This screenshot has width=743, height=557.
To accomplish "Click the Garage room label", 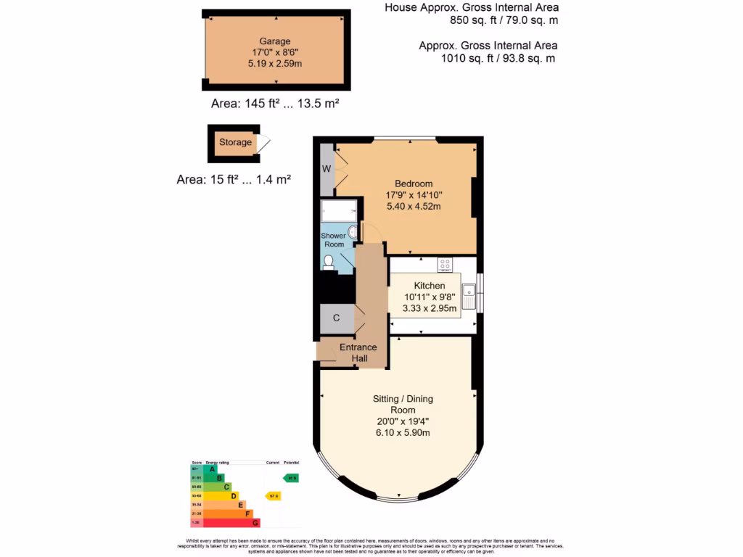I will [275, 41].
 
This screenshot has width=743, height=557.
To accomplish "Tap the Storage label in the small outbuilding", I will [235, 142].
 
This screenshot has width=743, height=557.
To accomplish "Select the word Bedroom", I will [414, 183].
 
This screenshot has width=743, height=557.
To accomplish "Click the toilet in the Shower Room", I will [329, 262].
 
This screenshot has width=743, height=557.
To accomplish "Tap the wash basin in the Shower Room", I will [352, 232].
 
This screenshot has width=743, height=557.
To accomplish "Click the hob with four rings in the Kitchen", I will [445, 264].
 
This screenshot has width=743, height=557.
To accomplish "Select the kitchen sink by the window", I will [469, 295].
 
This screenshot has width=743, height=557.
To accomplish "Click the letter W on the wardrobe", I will [327, 169].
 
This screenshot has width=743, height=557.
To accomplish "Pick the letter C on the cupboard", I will [336, 318].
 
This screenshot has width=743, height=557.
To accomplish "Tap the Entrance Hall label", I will [358, 352].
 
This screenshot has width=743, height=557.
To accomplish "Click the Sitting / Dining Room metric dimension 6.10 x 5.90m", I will [402, 433].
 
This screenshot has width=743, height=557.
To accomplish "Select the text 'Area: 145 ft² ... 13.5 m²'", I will [275, 104].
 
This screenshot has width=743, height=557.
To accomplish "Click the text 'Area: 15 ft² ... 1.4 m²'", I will [234, 180].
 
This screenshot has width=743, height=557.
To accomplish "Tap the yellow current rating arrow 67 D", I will [274, 496].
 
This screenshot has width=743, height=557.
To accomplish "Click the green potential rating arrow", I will [291, 478].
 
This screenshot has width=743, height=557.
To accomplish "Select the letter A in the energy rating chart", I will [213, 469].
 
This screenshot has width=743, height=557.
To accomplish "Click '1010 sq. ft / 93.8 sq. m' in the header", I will [498, 58].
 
